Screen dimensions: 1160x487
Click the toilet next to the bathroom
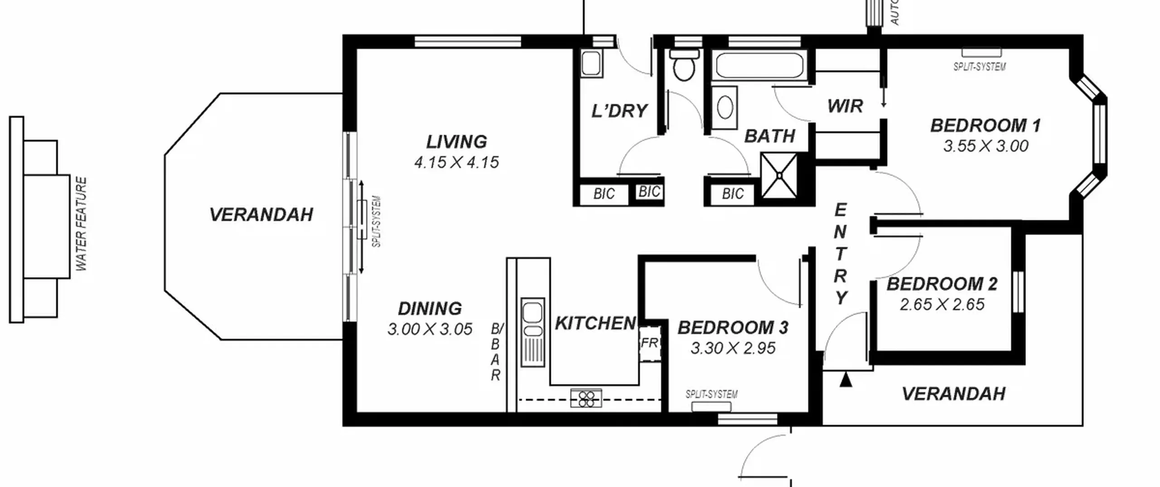(684, 65)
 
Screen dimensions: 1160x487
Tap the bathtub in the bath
(759, 66)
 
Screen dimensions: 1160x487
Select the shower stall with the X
(779, 175)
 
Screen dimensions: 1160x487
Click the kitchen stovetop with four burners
(586, 399)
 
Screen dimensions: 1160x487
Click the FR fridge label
(649, 343)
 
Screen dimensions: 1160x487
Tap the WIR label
(845, 106)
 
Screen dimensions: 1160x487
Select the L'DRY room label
(619, 111)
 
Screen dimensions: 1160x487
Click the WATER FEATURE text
(82, 224)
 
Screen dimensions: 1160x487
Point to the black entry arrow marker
(846, 379)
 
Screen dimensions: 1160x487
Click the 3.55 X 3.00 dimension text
(986, 146)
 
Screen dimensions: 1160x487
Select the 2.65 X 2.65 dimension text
(942, 304)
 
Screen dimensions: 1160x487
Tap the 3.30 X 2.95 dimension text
(733, 348)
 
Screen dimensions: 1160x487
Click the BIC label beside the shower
(733, 194)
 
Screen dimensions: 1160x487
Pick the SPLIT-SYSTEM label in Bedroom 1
(980, 67)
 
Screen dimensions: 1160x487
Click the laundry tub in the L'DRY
(591, 63)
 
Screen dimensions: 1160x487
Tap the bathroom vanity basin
(725, 108)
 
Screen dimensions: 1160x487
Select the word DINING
(430, 309)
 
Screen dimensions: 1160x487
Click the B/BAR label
(497, 352)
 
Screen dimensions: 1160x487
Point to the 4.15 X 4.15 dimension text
(456, 162)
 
